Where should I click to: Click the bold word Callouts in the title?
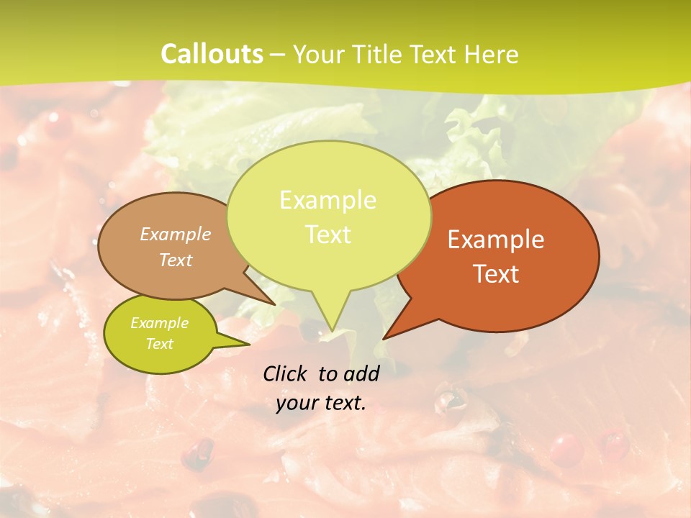pyautogui.click(x=212, y=54)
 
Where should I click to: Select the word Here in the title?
pyautogui.click(x=492, y=54)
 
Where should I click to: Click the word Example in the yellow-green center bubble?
pyautogui.click(x=328, y=200)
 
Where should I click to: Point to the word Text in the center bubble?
pyautogui.click(x=328, y=235)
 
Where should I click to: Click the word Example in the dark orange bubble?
pyautogui.click(x=496, y=240)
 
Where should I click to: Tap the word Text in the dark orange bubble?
pyautogui.click(x=496, y=274)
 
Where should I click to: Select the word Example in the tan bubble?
pyautogui.click(x=176, y=234)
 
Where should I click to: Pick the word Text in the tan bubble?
pyautogui.click(x=176, y=260)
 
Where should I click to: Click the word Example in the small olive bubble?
pyautogui.click(x=160, y=323)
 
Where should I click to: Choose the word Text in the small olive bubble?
pyautogui.click(x=160, y=344)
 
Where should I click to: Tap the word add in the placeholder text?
pyautogui.click(x=362, y=373)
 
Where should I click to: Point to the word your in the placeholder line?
pyautogui.click(x=295, y=403)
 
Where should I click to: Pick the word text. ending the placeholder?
pyautogui.click(x=342, y=403)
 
